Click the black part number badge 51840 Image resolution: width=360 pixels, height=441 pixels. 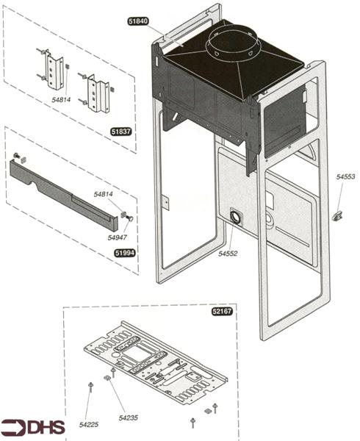click(138, 22)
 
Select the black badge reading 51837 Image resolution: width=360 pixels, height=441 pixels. click(120, 132)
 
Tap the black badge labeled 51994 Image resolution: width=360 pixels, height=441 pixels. click(125, 253)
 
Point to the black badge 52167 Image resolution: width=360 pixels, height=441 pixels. click(222, 312)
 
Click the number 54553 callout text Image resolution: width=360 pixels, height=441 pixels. click(346, 177)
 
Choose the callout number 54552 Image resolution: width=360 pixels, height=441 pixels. click(228, 254)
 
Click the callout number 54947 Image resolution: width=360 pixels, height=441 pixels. click(117, 237)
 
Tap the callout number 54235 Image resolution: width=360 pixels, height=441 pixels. click(128, 417)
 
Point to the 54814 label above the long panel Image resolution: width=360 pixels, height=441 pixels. click(104, 194)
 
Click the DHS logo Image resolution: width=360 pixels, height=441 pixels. click(32, 427)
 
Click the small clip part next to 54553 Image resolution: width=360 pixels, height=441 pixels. click(338, 215)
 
